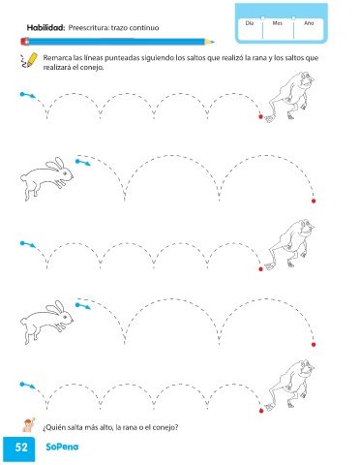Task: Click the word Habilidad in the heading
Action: pos(45,28)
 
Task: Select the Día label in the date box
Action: pos(250,23)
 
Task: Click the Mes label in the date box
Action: pos(278,23)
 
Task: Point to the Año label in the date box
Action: pos(309,23)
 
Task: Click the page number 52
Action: pos(21,448)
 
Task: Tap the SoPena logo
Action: pos(62,447)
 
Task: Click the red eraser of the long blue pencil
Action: pos(24,42)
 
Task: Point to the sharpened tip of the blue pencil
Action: pos(213,42)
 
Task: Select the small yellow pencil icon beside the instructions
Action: pos(28,60)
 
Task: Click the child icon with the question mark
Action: pos(29,424)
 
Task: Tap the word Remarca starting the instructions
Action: pos(57,58)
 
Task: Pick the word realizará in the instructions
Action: pos(56,68)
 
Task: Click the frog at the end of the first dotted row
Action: pos(289,97)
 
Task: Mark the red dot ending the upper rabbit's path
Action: pos(314,201)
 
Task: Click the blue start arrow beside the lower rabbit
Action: pos(83,306)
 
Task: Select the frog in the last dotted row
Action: pos(289,385)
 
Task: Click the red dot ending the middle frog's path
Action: pos(261,269)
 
